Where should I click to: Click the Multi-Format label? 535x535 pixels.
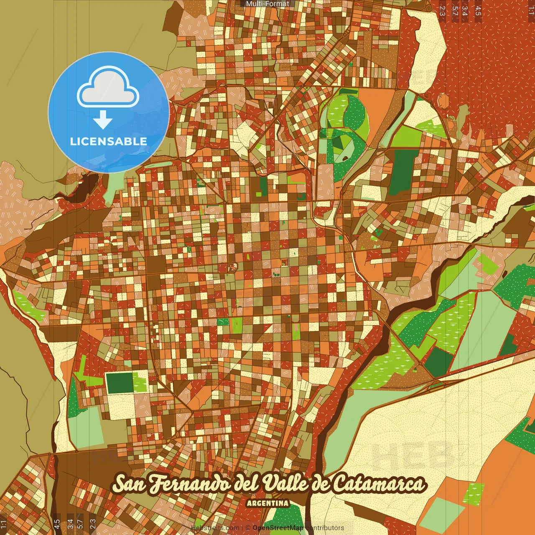point(267,4)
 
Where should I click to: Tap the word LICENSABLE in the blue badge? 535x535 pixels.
point(109,141)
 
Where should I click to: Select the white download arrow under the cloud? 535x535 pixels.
point(103,120)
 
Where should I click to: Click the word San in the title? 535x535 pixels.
point(128,484)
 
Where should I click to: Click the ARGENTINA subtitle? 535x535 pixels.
point(267,503)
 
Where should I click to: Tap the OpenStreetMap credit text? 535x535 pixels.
point(278,528)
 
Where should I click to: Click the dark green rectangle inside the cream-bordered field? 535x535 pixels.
point(120,383)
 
